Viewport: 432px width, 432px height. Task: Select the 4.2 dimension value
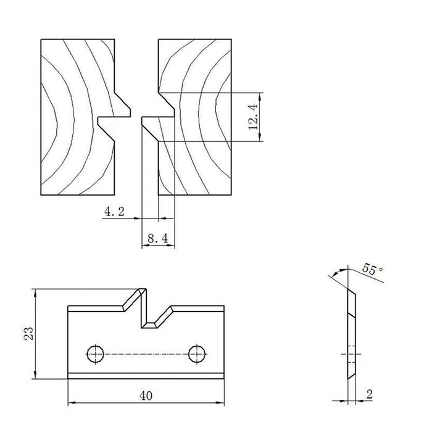114,212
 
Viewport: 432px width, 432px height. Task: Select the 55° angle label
372,269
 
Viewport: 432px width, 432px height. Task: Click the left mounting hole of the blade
95,354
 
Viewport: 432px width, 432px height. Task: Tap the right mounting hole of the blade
197,354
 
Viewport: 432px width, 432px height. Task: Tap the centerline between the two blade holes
146,354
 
